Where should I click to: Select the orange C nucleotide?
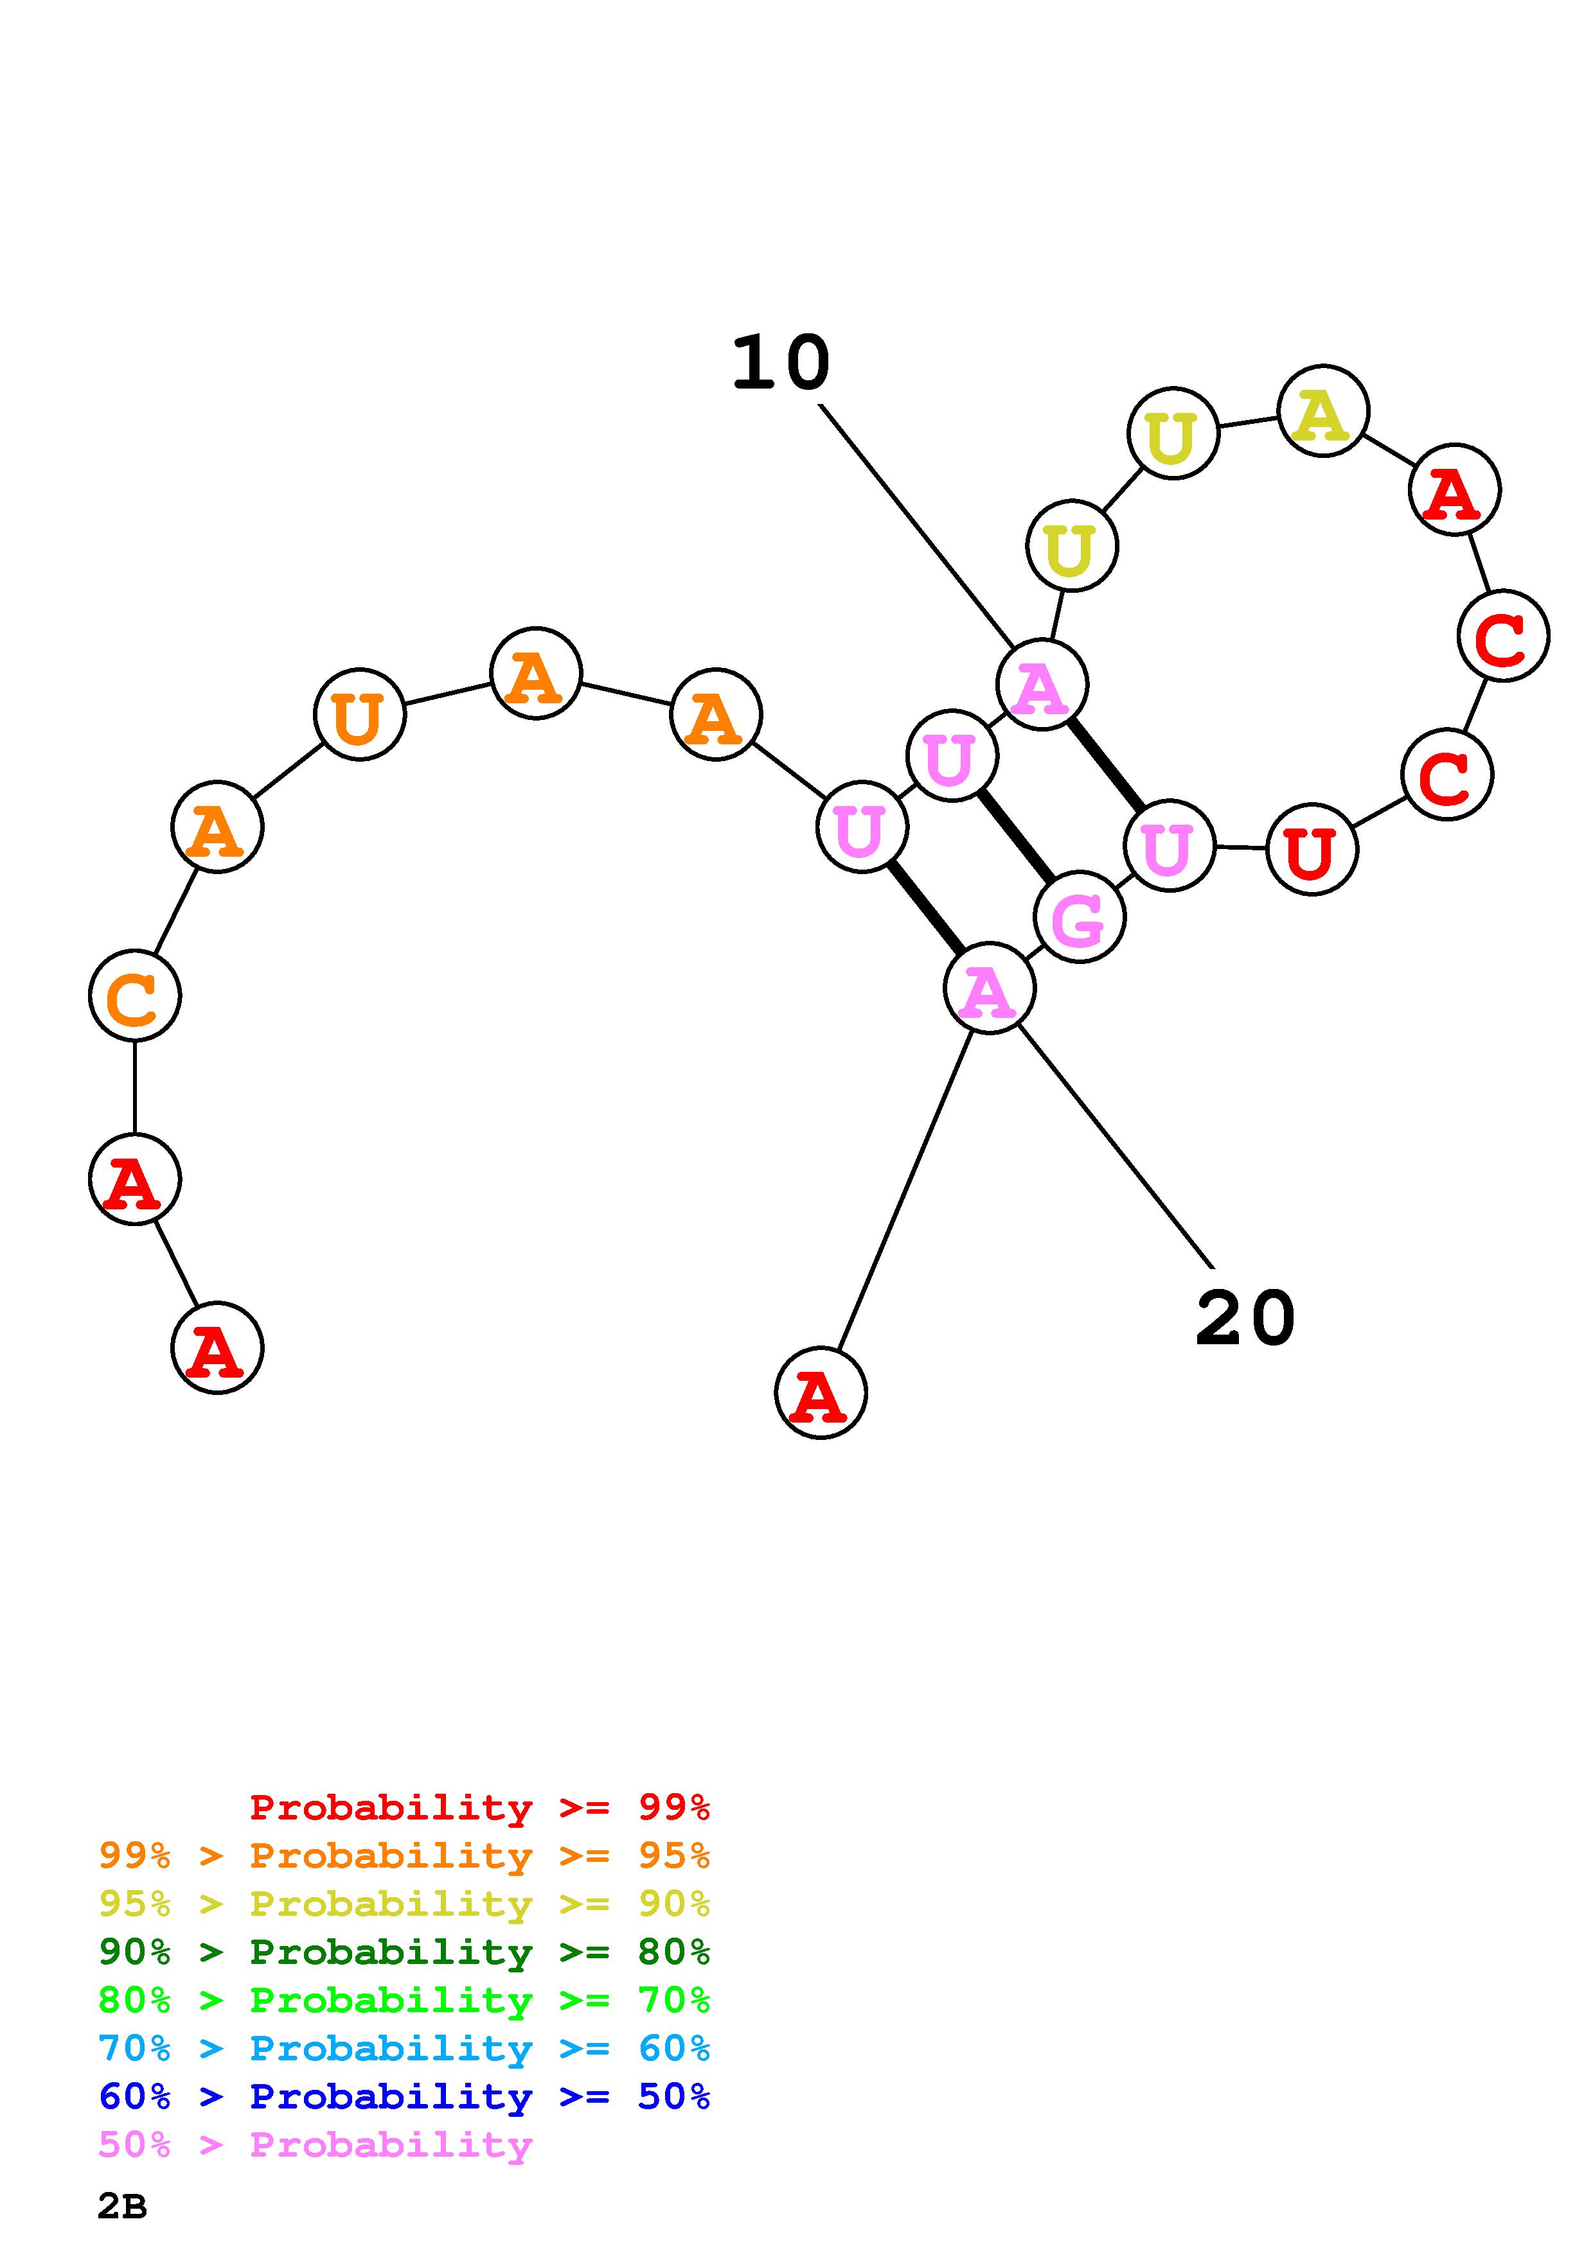point(134,996)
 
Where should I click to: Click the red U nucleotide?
point(1312,850)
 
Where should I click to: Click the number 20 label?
point(1245,1319)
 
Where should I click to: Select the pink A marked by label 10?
point(1042,685)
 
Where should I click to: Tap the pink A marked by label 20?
point(988,989)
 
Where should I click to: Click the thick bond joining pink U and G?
point(1016,836)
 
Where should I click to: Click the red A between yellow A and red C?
point(1454,489)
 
